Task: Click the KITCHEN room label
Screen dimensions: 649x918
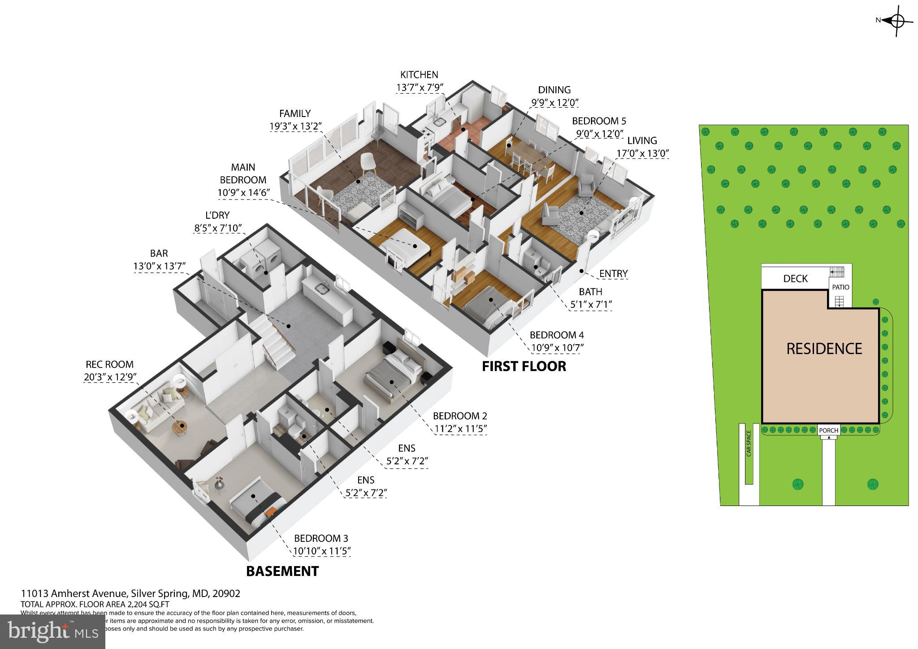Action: pos(419,75)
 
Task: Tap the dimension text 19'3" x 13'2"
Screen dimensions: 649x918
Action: pos(295,126)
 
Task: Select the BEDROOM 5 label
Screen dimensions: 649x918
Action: pos(599,121)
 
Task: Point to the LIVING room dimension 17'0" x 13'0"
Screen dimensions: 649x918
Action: pos(642,153)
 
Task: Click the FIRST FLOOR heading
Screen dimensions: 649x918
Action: pos(524,367)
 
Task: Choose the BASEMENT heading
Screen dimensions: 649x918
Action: pos(282,571)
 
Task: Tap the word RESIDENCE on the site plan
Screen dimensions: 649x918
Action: pos(824,349)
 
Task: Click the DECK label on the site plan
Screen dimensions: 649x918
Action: pos(795,279)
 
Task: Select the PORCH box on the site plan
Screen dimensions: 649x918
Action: pos(828,430)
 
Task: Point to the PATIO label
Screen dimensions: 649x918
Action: pos(840,287)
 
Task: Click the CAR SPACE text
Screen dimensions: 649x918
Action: pos(749,443)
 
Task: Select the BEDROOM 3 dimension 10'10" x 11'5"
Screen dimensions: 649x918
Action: pos(322,551)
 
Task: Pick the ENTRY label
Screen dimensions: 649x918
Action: pos(613,273)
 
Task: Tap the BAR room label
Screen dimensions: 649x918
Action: pos(159,253)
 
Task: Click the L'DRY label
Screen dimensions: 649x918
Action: pos(217,216)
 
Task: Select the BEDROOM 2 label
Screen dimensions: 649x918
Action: pos(460,415)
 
